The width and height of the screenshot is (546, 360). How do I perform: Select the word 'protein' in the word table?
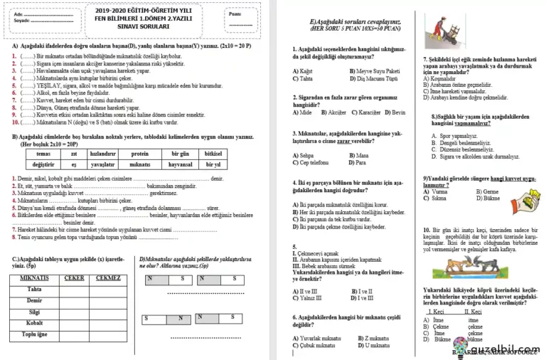coord(140,153)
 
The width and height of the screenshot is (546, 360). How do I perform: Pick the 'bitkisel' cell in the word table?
coord(213,153)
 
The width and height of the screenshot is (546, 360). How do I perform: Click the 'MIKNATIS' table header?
coord(34,278)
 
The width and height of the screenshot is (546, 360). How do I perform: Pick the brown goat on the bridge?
coord(464,265)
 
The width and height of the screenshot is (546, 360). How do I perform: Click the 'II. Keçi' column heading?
coord(473,312)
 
